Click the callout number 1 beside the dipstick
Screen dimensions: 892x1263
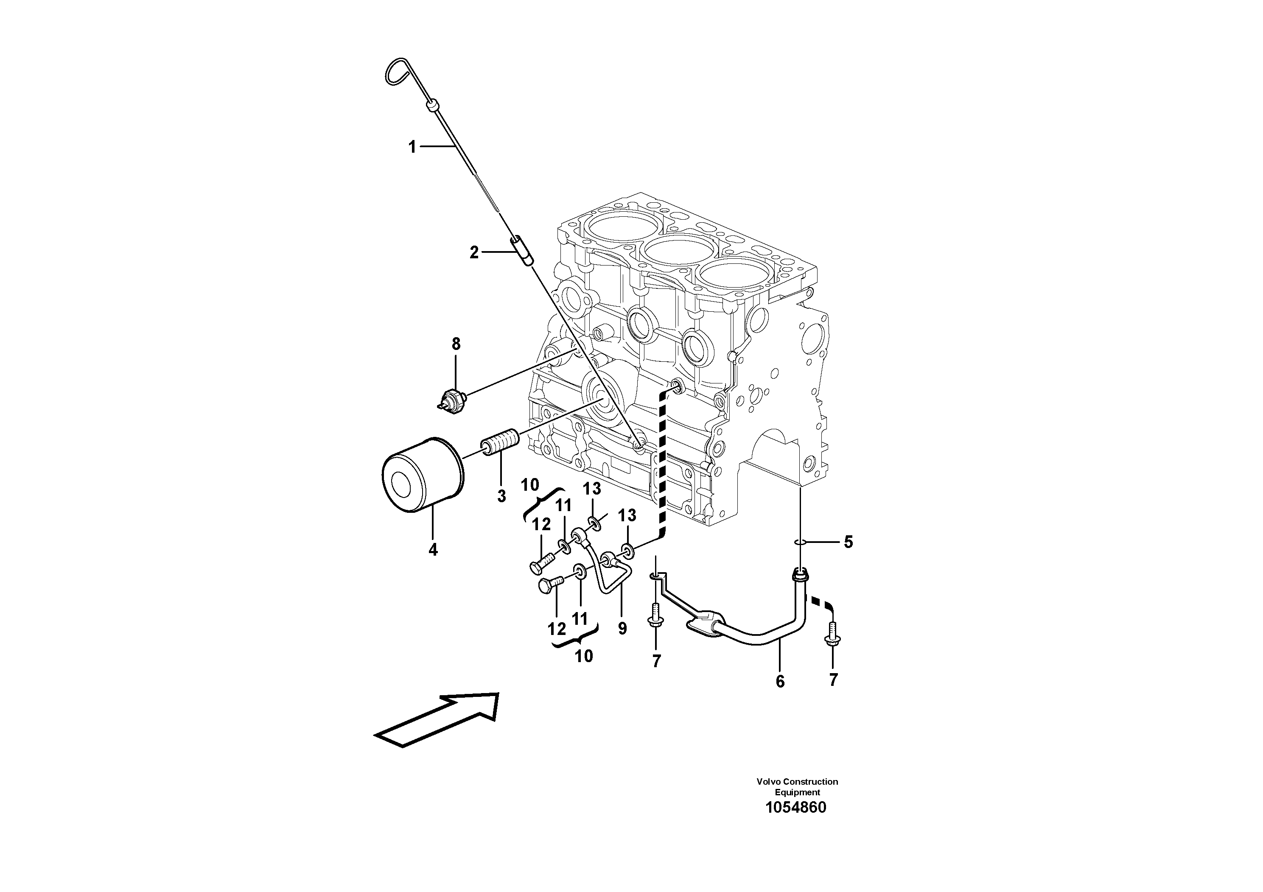[x=412, y=147]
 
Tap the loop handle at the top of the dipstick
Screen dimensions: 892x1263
[x=395, y=72]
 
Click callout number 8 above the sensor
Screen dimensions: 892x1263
[x=456, y=345]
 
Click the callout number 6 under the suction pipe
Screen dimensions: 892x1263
[x=780, y=681]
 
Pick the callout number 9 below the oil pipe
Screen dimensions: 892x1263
[x=622, y=628]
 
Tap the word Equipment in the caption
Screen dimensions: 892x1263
[x=797, y=792]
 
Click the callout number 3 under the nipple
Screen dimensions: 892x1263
[x=501, y=496]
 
